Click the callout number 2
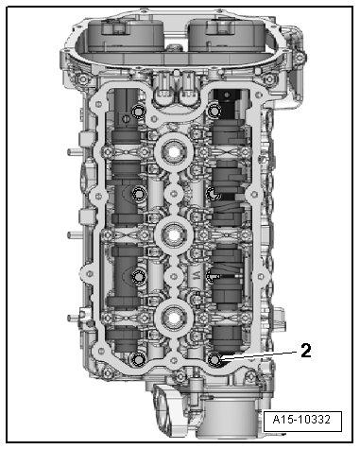click(x=306, y=351)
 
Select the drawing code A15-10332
click(x=302, y=420)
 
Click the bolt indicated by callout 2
click(x=215, y=359)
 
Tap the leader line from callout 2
click(x=259, y=355)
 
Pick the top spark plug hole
click(x=174, y=152)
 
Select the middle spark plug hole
click(x=174, y=234)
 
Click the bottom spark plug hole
click(x=174, y=318)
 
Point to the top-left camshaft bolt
click(x=138, y=112)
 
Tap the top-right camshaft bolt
click(x=215, y=111)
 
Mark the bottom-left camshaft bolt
click(x=138, y=359)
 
